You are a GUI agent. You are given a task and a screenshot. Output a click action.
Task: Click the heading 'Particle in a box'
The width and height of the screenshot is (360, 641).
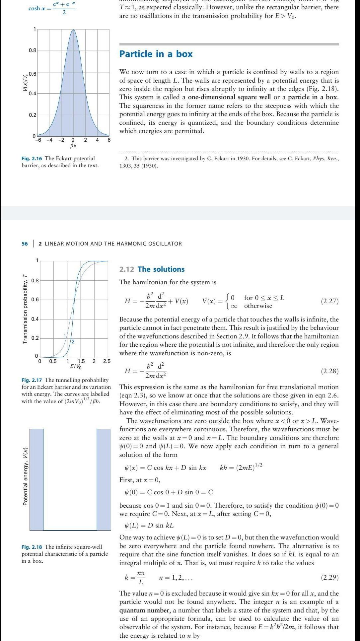click(x=156, y=54)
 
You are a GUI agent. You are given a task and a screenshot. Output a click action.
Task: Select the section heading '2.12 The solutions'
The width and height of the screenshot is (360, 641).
click(x=152, y=269)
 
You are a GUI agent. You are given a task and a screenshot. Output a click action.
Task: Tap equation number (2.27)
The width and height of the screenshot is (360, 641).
click(x=329, y=301)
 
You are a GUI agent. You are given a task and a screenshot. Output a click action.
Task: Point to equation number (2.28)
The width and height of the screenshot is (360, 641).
click(x=329, y=371)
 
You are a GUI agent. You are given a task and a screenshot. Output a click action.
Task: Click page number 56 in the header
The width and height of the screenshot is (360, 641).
click(x=25, y=244)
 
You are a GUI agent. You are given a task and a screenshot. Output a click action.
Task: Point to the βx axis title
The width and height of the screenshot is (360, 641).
click(x=73, y=146)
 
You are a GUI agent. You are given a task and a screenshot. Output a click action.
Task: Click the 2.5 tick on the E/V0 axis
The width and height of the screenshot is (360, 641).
click(x=107, y=361)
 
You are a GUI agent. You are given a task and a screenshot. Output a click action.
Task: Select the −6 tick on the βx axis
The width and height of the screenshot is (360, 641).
click(x=38, y=140)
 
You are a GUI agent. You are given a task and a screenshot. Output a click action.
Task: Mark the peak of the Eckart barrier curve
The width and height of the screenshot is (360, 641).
click(x=73, y=30)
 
